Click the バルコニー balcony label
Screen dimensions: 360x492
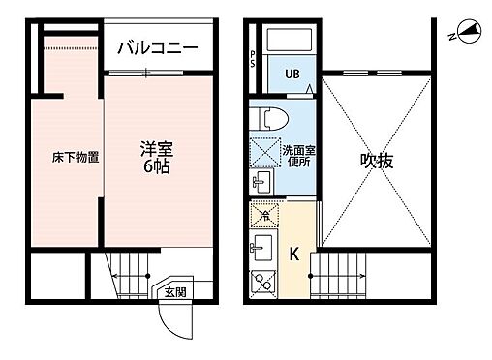158,47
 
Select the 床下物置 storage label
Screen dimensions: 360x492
76,157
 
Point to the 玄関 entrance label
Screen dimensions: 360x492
173,291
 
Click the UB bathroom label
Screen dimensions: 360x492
292,74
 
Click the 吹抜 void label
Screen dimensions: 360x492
377,161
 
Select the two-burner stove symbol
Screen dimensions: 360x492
261,281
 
